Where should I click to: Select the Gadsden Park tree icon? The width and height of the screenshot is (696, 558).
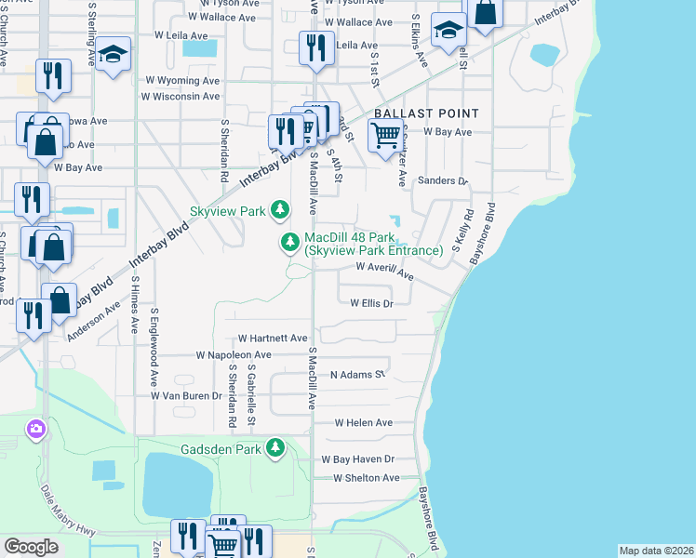point(274,449)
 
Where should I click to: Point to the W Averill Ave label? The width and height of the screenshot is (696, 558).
point(385,271)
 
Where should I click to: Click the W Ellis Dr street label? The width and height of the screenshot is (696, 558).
point(372,303)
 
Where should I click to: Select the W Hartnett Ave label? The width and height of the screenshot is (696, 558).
point(272,339)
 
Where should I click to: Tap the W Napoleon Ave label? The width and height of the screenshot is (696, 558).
point(233,355)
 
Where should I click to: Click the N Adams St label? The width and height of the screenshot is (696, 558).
point(357,375)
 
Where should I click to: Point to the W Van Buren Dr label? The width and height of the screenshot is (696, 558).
point(187,395)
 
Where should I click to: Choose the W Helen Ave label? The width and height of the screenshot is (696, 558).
point(363,422)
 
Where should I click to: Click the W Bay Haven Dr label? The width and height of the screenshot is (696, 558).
point(358,459)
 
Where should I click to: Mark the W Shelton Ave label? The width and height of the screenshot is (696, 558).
point(360,478)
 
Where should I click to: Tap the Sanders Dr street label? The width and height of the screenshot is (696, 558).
point(441,180)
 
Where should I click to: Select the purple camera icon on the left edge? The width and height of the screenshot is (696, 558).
point(35,429)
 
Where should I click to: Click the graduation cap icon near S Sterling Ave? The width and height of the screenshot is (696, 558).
point(114,55)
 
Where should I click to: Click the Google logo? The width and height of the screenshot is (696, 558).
point(32,547)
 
